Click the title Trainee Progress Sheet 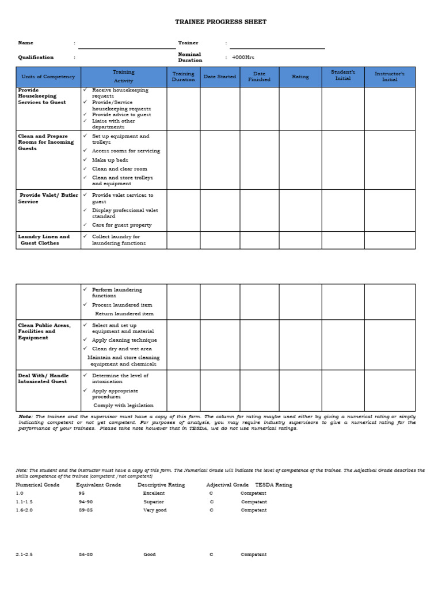point(221,22)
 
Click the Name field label point(26,43)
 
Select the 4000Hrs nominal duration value point(242,58)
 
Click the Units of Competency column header point(48,77)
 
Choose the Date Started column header point(219,77)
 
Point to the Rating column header point(300,77)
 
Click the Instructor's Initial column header point(390,77)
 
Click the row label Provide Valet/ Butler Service point(48,198)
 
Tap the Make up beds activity point(110,160)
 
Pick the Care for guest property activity point(121,225)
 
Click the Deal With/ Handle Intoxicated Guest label point(44,378)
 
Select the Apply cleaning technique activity point(124,340)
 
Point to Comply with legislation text point(124,406)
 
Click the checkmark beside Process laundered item point(85,305)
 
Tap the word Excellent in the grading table point(154,493)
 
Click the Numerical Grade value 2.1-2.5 point(24,554)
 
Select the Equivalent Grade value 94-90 point(85,502)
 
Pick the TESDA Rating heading point(273,485)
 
